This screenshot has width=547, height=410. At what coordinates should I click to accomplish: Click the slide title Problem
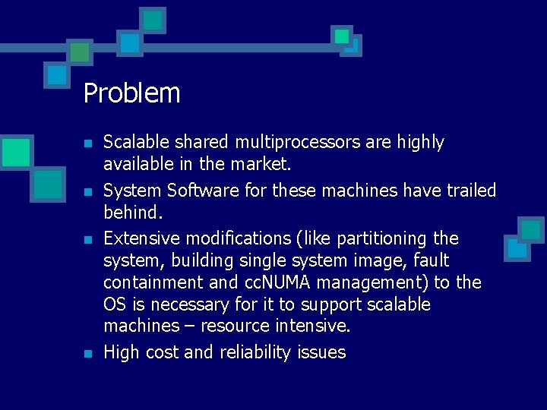(x=131, y=93)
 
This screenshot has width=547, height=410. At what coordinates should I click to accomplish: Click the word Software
(x=191, y=191)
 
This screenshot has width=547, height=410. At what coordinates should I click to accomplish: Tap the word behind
(x=132, y=213)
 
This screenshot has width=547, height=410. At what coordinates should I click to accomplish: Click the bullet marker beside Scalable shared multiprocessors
(x=88, y=143)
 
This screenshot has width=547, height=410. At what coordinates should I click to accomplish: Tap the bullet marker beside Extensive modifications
(x=88, y=240)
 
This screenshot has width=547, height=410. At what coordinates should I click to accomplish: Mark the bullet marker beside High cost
(x=88, y=354)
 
